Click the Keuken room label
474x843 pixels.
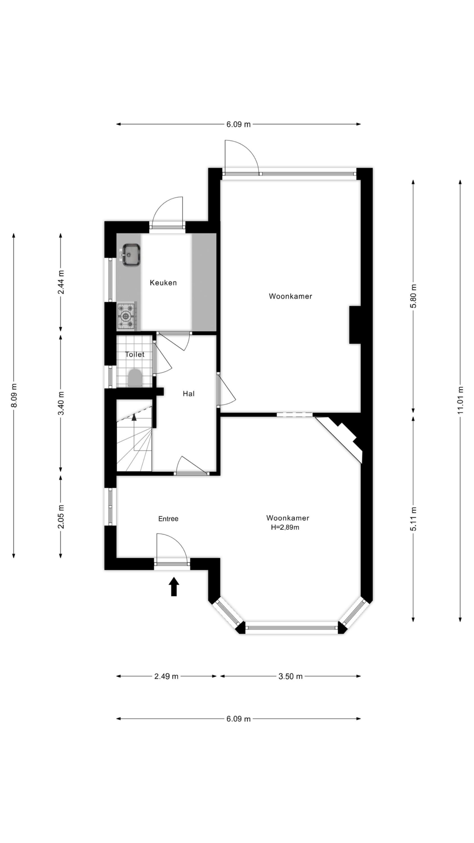click(163, 283)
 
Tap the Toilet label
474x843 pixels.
click(135, 354)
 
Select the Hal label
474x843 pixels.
click(189, 394)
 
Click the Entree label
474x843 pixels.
click(168, 519)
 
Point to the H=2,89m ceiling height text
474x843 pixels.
click(285, 528)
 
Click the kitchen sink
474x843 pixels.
click(131, 254)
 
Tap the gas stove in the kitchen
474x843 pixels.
click(127, 315)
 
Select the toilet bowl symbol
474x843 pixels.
click(135, 378)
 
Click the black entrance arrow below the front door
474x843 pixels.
click(174, 587)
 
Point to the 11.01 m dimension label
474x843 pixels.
click(461, 400)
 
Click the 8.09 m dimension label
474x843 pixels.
click(14, 396)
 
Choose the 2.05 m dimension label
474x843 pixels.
click(61, 517)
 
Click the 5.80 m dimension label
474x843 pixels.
click(414, 296)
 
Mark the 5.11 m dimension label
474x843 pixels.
click(414, 519)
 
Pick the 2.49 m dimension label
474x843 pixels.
click(166, 676)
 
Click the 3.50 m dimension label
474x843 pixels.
click(291, 676)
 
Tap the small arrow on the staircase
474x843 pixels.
click(134, 417)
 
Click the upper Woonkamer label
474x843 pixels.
click(291, 296)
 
